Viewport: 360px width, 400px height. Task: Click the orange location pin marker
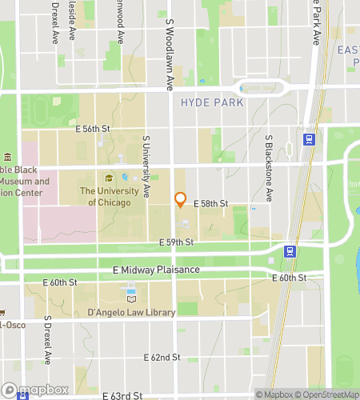coord(180,199)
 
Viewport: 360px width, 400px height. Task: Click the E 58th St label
coord(211,205)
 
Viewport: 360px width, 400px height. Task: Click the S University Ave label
coord(146,166)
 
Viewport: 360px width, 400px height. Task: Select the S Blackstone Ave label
coord(270,168)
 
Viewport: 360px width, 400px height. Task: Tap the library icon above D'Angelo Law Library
coord(130,298)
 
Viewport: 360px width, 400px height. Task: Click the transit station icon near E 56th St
coord(308,139)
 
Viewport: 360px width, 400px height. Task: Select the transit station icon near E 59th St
coord(290,250)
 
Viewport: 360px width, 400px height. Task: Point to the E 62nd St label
coord(163,357)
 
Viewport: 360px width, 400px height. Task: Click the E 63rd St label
coord(123,395)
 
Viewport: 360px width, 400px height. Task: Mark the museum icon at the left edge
coord(6,157)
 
